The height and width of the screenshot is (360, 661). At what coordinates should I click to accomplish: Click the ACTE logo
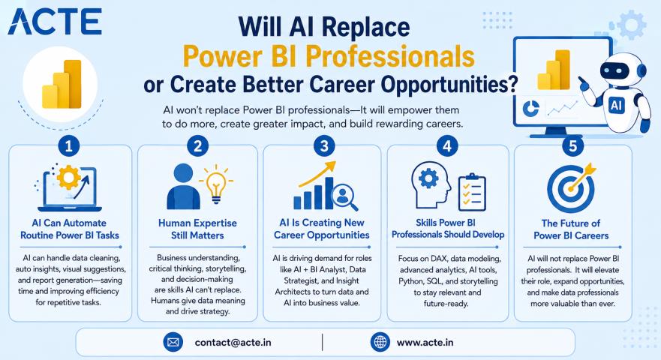click(55, 22)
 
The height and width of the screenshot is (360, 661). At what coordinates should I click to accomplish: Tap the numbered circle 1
click(69, 146)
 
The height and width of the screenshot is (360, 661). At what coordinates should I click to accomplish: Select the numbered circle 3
click(324, 145)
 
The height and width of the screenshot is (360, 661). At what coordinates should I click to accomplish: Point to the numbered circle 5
click(573, 145)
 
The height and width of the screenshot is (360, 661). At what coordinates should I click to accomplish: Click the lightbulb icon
click(216, 184)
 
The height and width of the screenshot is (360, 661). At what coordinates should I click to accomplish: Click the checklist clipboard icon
click(472, 192)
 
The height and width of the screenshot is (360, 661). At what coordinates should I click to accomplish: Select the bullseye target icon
click(572, 188)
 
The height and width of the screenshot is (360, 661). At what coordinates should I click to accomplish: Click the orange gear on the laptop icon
click(69, 177)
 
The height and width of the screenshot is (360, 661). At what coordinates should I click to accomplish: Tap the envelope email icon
click(173, 342)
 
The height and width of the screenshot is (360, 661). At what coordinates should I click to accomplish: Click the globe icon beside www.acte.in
click(380, 342)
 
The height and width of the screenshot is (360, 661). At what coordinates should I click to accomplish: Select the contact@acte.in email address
click(233, 342)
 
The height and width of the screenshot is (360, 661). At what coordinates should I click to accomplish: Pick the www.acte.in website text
click(425, 342)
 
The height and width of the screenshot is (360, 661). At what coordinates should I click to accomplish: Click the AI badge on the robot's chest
click(616, 103)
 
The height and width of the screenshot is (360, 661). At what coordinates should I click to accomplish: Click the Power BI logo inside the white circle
click(62, 84)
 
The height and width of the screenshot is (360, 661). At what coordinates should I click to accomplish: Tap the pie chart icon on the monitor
click(530, 109)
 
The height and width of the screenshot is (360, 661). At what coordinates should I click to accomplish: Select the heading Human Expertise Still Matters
click(197, 229)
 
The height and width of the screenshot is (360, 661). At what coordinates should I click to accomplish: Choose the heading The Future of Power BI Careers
click(571, 229)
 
